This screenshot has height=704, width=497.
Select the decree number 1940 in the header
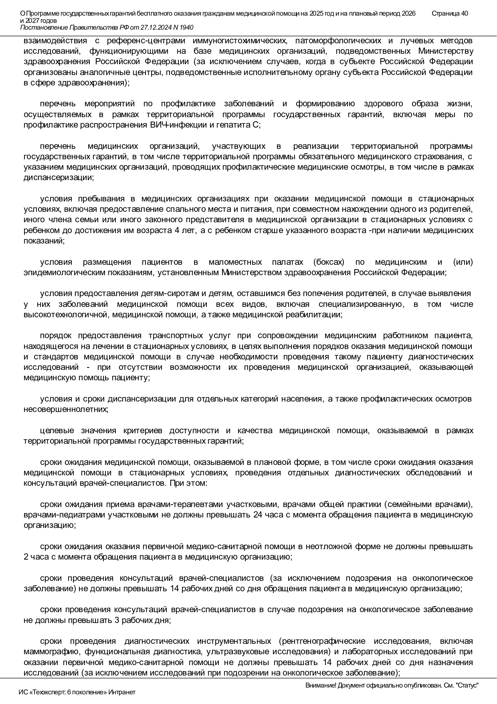(x=186, y=27)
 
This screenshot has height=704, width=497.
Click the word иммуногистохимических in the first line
(x=240, y=41)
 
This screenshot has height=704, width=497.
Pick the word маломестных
(x=235, y=262)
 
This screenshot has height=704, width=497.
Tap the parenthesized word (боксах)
(x=329, y=262)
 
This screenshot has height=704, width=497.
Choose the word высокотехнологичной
(x=66, y=314)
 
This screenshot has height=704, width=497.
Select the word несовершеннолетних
(x=66, y=409)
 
